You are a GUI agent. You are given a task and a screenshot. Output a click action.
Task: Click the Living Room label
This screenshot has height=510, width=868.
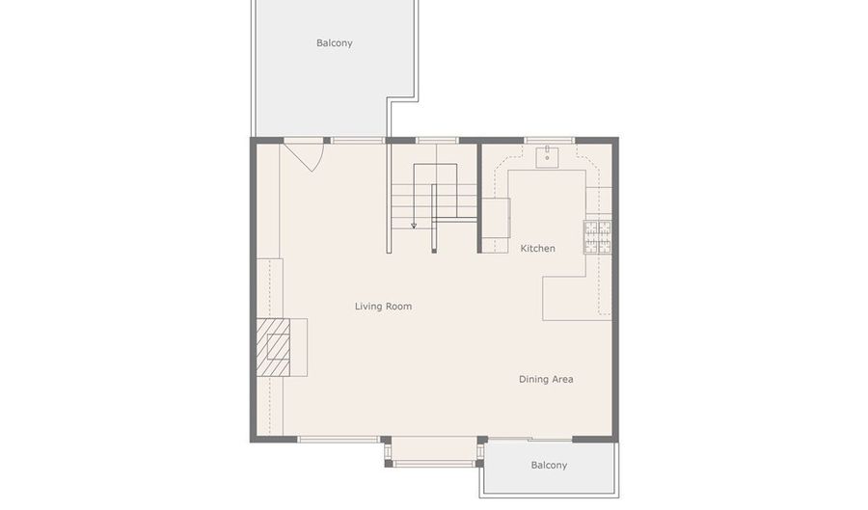tap(383, 306)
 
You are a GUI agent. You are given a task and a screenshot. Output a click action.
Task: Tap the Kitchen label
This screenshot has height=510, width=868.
tap(537, 249)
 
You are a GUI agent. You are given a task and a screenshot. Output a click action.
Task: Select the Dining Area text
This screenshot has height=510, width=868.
tap(546, 379)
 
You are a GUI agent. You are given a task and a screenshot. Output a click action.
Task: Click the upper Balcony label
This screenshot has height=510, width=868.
tap(335, 43)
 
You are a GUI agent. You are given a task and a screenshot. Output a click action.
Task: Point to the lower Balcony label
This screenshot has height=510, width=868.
tap(549, 466)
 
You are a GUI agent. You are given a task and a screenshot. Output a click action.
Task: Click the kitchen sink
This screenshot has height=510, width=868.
tap(547, 158)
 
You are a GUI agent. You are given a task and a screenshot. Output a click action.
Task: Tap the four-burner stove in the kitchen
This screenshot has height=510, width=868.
tap(598, 237)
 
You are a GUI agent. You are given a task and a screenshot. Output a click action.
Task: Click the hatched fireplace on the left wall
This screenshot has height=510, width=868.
tap(273, 347)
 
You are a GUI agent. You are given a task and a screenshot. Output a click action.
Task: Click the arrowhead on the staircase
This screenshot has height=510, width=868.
tap(414, 226)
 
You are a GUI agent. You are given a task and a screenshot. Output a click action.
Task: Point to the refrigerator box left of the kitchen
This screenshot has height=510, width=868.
tap(496, 218)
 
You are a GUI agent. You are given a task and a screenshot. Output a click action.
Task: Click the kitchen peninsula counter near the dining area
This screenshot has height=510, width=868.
tap(570, 298)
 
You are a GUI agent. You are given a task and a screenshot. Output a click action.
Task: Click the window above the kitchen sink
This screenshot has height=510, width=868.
tap(549, 141)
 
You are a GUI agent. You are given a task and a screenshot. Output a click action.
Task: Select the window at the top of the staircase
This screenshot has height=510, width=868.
tap(437, 141)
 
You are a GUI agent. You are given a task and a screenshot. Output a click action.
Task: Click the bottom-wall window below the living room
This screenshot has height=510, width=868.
tap(339, 440)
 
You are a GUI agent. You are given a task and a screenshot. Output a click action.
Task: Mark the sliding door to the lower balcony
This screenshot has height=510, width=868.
tap(530, 440)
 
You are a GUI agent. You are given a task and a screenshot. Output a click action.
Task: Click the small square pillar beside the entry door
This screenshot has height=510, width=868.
tap(327, 141)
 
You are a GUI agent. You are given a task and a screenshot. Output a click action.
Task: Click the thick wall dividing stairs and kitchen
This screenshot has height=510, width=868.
tap(479, 198)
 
